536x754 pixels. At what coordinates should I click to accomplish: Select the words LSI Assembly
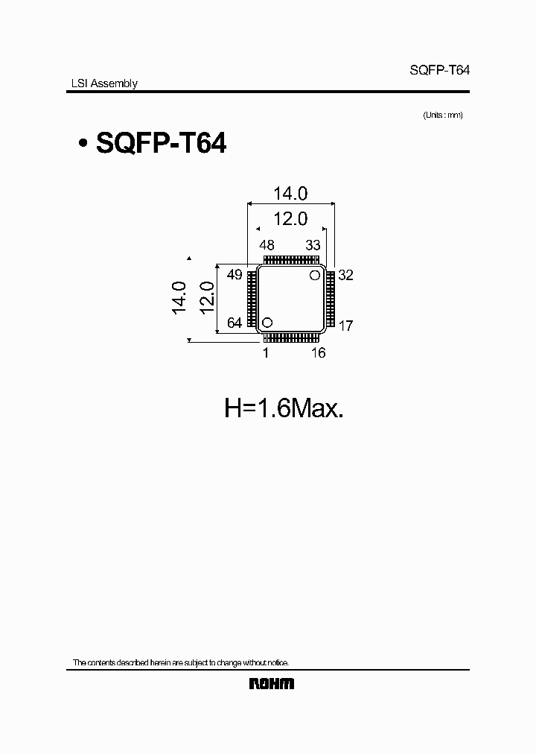click(x=99, y=84)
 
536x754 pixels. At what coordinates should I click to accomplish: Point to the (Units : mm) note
click(x=443, y=115)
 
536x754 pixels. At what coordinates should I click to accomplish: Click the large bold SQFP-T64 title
click(x=162, y=143)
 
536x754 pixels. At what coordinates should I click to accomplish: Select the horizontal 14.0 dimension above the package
click(x=290, y=193)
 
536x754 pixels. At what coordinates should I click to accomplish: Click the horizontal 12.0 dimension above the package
click(x=290, y=220)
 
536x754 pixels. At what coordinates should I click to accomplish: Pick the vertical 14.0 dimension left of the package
click(x=179, y=298)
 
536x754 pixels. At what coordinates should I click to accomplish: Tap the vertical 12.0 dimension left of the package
click(x=207, y=298)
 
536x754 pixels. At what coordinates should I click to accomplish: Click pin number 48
click(x=267, y=245)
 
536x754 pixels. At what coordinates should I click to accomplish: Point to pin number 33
click(x=313, y=245)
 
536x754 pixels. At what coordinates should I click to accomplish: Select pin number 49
click(x=234, y=275)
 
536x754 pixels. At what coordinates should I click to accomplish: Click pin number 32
click(x=345, y=275)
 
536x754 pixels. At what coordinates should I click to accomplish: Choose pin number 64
click(x=234, y=323)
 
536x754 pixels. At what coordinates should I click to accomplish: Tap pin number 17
click(x=345, y=326)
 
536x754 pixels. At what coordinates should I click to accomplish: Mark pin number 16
click(x=318, y=353)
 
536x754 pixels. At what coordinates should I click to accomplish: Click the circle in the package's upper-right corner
click(x=315, y=275)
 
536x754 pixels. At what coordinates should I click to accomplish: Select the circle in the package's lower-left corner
click(x=267, y=323)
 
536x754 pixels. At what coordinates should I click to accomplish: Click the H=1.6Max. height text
click(x=284, y=408)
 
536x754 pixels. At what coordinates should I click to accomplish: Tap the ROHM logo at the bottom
click(x=271, y=683)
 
